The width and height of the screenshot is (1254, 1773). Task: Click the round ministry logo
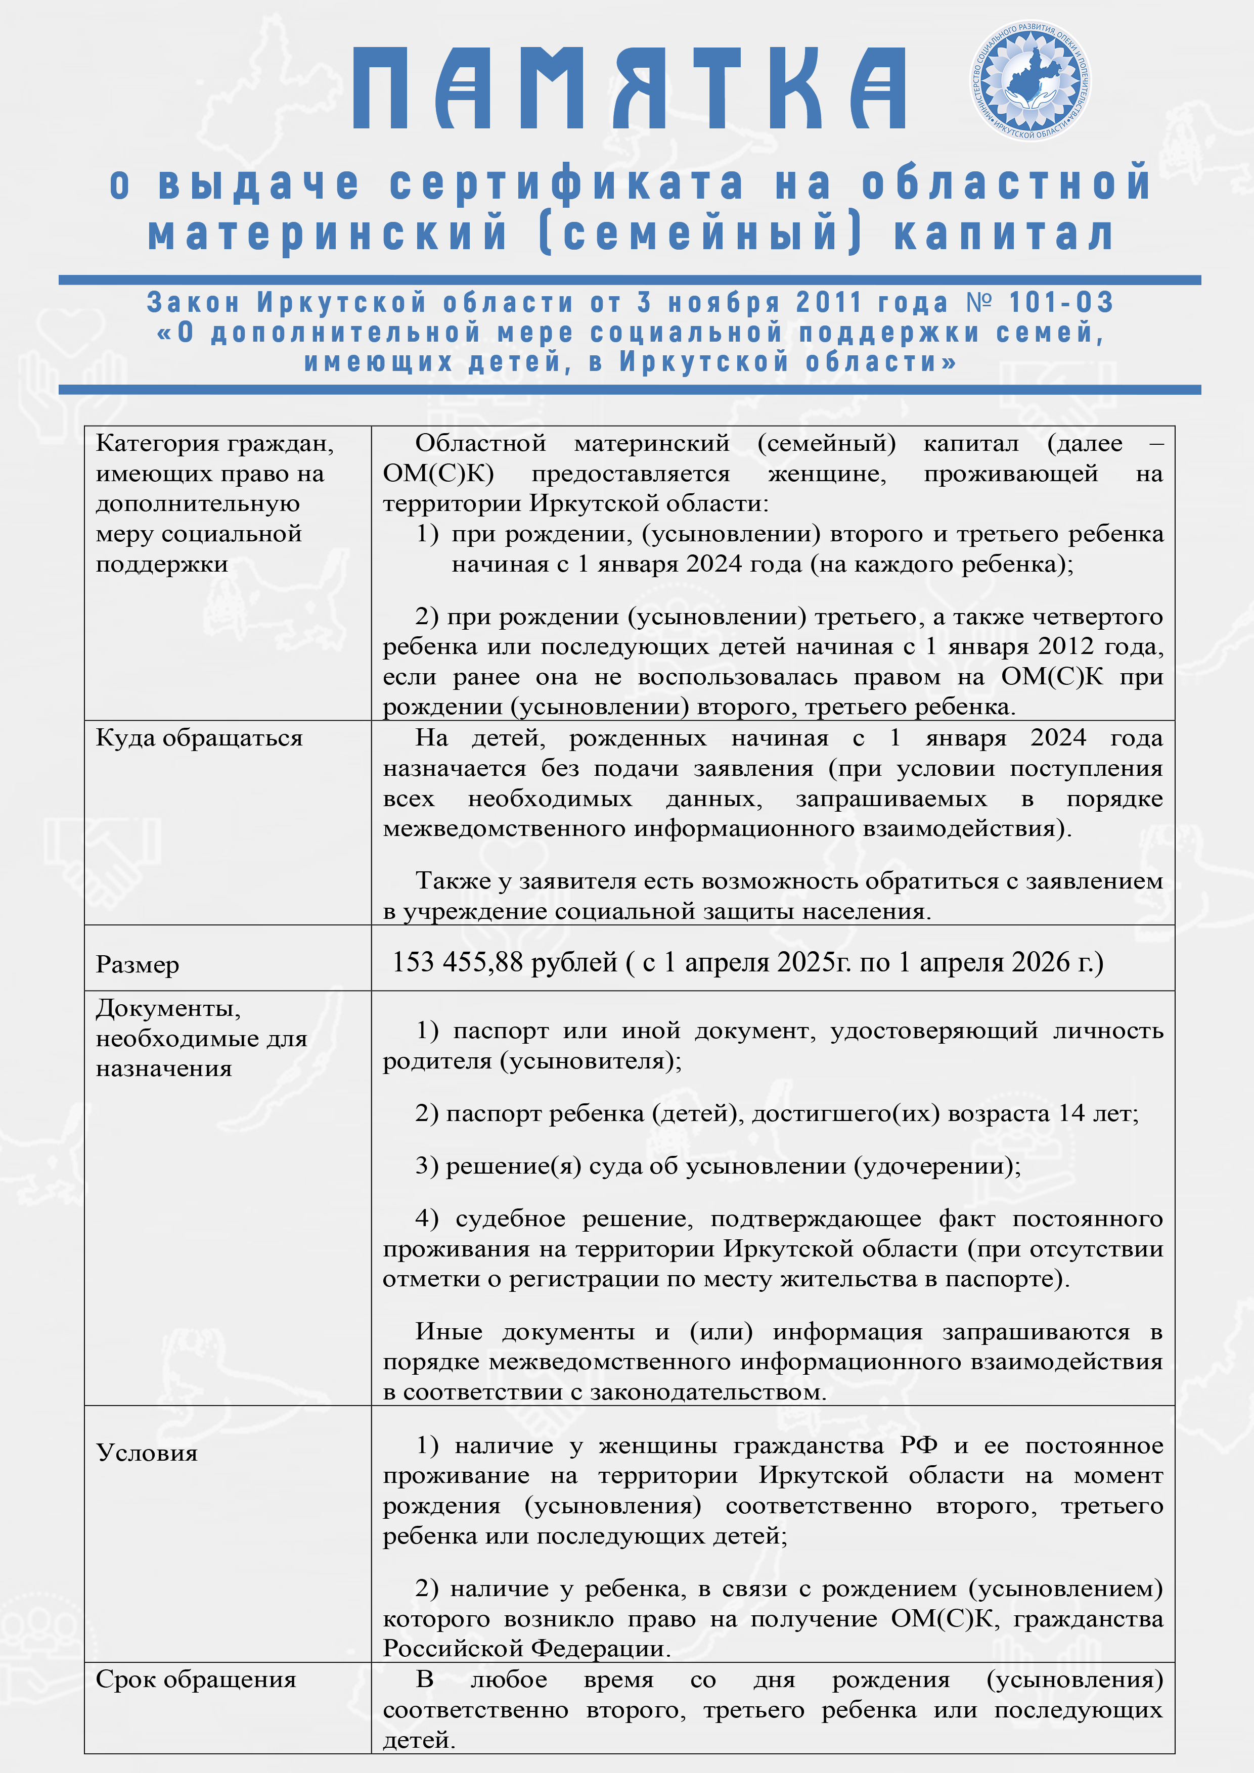(1031, 81)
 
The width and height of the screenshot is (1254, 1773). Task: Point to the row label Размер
(138, 964)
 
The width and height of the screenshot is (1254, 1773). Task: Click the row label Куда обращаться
(199, 738)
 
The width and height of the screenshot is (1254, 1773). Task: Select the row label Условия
(147, 1453)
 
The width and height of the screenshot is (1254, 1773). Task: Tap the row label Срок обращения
(196, 1679)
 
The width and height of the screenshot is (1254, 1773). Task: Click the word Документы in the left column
(168, 1008)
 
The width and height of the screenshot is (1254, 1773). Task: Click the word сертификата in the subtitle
(566, 184)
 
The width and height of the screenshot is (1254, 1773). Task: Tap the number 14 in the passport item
(1071, 1113)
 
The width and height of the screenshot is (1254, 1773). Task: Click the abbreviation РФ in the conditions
(919, 1445)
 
